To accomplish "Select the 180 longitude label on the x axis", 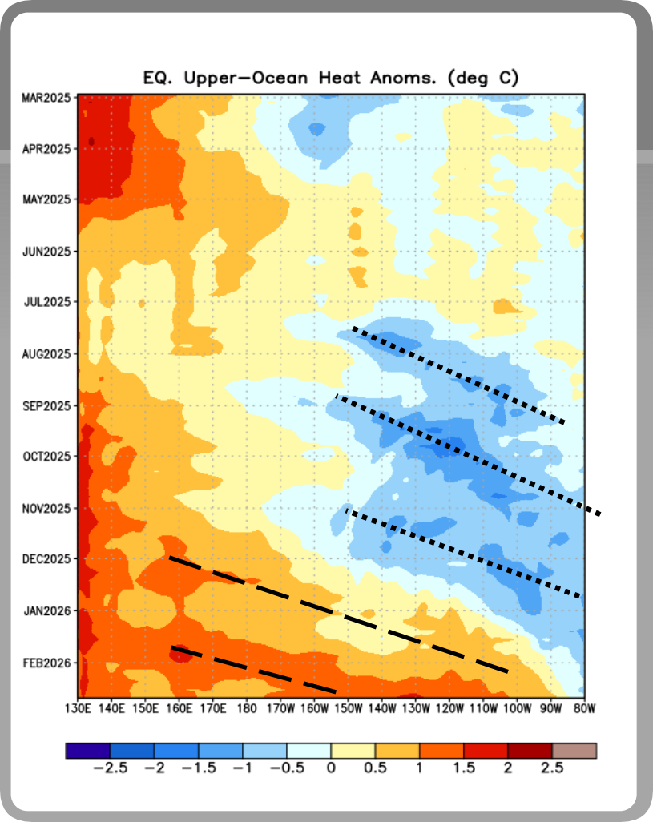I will tap(247, 708).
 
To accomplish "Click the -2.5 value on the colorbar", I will tap(111, 768).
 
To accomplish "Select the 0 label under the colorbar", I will tap(331, 768).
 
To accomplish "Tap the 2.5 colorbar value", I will tap(552, 768).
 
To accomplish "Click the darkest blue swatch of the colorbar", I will tap(88, 751).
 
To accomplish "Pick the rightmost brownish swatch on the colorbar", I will tap(574, 751).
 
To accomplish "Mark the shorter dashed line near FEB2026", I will tap(252, 669).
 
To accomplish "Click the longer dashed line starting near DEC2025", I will tap(337, 614).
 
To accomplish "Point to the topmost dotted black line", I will tap(458, 375).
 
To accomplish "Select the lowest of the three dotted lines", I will tap(463, 553).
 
